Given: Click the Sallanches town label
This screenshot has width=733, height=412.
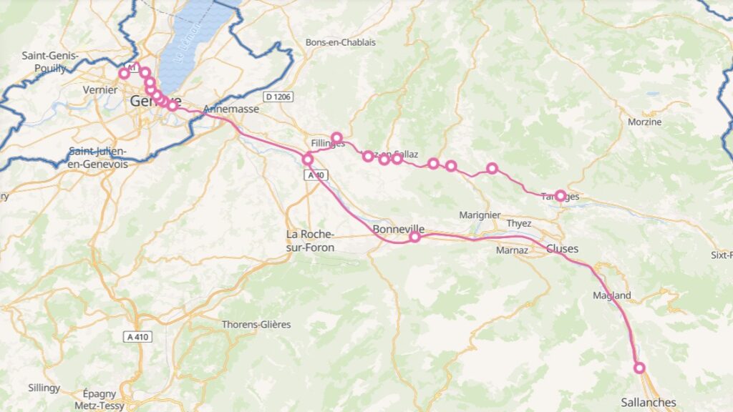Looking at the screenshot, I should (x=648, y=403).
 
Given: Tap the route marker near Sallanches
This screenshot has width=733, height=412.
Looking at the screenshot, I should (x=639, y=368).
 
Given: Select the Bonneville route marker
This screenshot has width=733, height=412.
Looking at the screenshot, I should (x=414, y=237).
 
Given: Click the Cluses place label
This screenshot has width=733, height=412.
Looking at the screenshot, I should (x=562, y=249).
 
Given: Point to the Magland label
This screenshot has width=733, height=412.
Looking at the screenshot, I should (x=612, y=295).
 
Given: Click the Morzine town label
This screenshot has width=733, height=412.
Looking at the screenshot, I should (x=645, y=122).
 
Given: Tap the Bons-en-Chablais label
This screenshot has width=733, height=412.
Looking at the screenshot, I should (x=340, y=42).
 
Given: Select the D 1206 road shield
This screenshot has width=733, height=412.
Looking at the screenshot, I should (x=278, y=97).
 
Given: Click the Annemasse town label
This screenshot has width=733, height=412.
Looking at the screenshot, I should (x=230, y=109).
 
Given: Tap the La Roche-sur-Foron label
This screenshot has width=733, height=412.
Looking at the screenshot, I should (x=310, y=241).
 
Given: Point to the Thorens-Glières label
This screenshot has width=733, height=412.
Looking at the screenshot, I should (x=256, y=324).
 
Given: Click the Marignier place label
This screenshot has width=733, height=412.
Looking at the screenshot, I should (x=480, y=215).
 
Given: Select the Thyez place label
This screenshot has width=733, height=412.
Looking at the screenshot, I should (x=519, y=223).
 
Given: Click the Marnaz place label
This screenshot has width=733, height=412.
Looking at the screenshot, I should (x=512, y=250).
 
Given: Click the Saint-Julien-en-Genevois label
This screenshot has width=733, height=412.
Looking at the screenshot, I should (x=98, y=158).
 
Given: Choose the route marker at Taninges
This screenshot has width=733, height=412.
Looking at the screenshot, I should (x=560, y=195).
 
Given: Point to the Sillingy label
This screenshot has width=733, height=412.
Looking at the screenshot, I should (x=44, y=388).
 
